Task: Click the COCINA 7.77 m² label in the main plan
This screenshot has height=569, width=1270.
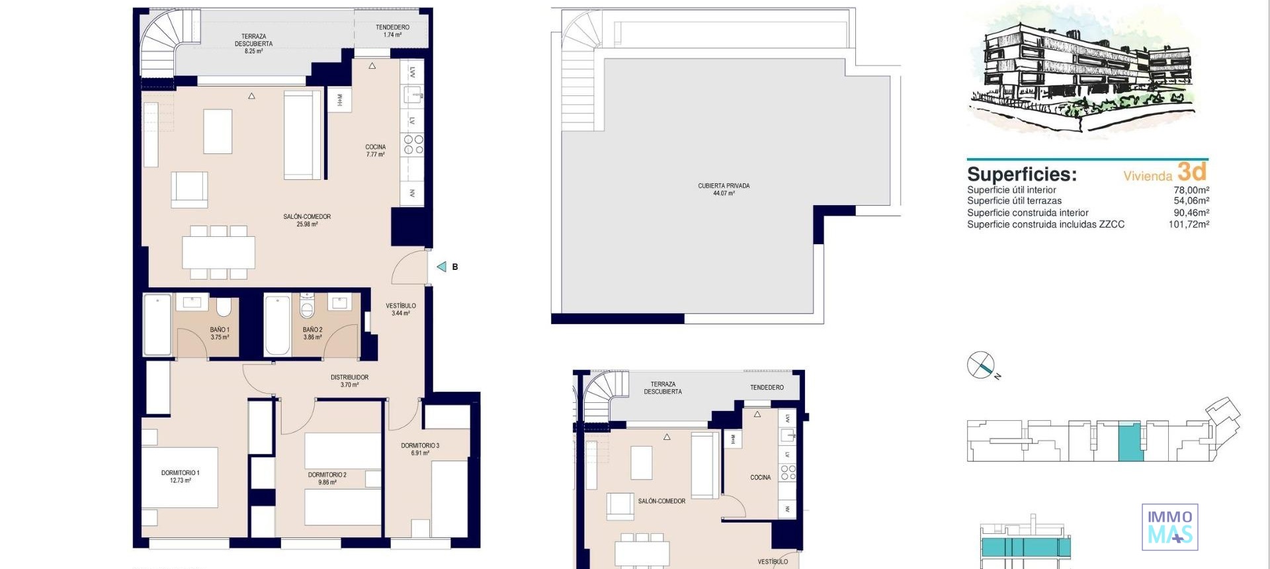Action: (x=375, y=151)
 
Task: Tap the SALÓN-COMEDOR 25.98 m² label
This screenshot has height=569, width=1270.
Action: (x=307, y=220)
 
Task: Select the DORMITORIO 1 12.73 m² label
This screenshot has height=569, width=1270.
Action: (x=180, y=476)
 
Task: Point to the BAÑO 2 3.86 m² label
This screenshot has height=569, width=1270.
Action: (x=312, y=333)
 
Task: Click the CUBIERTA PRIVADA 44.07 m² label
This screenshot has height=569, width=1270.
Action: (x=724, y=189)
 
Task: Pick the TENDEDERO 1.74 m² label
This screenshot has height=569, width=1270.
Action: (x=392, y=31)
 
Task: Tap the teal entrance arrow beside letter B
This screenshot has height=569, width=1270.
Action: (x=441, y=267)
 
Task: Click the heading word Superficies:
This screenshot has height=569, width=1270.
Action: (x=1021, y=174)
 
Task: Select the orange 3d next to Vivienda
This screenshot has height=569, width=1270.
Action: (x=1192, y=172)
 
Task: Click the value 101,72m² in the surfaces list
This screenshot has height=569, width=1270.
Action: (x=1189, y=224)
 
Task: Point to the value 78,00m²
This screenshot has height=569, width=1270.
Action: (x=1191, y=190)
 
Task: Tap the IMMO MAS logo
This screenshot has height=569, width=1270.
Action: (x=1169, y=527)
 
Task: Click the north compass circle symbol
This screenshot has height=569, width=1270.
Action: (x=980, y=365)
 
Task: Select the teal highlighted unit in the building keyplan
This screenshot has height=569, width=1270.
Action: (x=1130, y=442)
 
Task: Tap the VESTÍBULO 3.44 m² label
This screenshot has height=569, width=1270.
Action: (x=401, y=309)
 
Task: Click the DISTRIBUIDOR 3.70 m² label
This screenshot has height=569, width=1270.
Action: (x=349, y=381)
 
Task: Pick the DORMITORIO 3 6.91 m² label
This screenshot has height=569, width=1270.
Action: (x=420, y=449)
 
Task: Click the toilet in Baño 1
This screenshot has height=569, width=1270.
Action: (x=224, y=306)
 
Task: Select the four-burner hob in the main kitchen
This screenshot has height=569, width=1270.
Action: (x=413, y=144)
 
